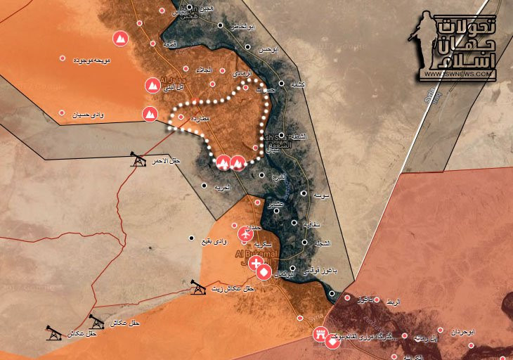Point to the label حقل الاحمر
[166, 162]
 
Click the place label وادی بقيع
[214, 242]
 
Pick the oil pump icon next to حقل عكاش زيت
[198, 286]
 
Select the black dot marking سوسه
[304, 193]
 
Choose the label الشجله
[321, 243]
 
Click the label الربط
[392, 302]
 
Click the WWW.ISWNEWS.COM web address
[460, 72]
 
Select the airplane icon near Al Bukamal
[246, 233]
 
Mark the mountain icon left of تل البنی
[151, 86]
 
